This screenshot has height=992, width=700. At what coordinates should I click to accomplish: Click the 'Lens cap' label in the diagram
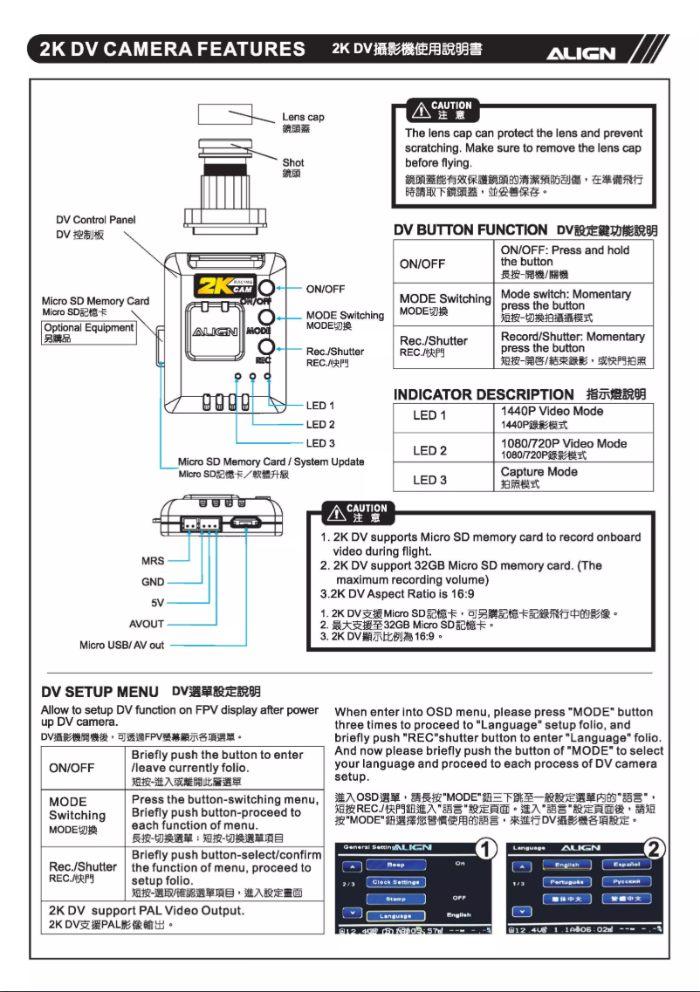(303, 118)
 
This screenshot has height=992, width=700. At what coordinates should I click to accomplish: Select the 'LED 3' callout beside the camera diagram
(320, 443)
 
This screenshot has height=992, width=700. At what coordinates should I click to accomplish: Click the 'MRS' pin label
(153, 561)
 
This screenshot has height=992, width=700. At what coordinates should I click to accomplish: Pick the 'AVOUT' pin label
(148, 624)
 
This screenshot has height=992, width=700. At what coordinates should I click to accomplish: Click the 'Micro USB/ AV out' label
(121, 645)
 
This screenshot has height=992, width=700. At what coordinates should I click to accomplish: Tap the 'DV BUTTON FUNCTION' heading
(470, 229)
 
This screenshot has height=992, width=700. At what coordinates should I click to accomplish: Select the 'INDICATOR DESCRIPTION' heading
(484, 394)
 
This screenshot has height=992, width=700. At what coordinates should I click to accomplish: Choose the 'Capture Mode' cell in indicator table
(539, 472)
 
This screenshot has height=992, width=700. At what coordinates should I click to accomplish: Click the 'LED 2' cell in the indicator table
(429, 450)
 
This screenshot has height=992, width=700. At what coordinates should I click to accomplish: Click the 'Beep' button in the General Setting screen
(395, 865)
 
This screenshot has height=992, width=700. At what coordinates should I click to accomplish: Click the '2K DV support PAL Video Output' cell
(144, 911)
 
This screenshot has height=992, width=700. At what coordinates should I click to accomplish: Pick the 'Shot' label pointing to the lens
(293, 162)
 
